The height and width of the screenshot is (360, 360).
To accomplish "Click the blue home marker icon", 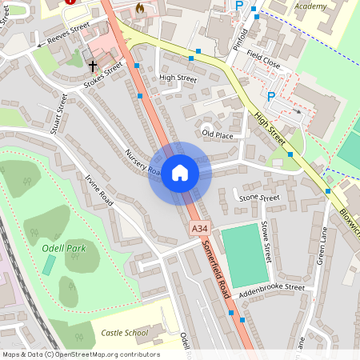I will (x=180, y=172).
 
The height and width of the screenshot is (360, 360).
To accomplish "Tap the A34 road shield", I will (x=200, y=230).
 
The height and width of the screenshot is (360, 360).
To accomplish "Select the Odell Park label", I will (x=63, y=248).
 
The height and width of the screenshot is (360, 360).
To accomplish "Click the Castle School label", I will (x=125, y=332).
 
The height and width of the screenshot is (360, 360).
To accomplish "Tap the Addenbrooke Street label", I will (x=272, y=286).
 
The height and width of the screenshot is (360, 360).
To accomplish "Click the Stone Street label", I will (x=259, y=197).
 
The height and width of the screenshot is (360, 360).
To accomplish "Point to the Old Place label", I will (x=218, y=134).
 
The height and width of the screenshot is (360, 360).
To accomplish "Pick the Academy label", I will (x=310, y=6).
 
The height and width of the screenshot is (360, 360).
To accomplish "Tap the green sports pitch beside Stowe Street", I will (x=244, y=254).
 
